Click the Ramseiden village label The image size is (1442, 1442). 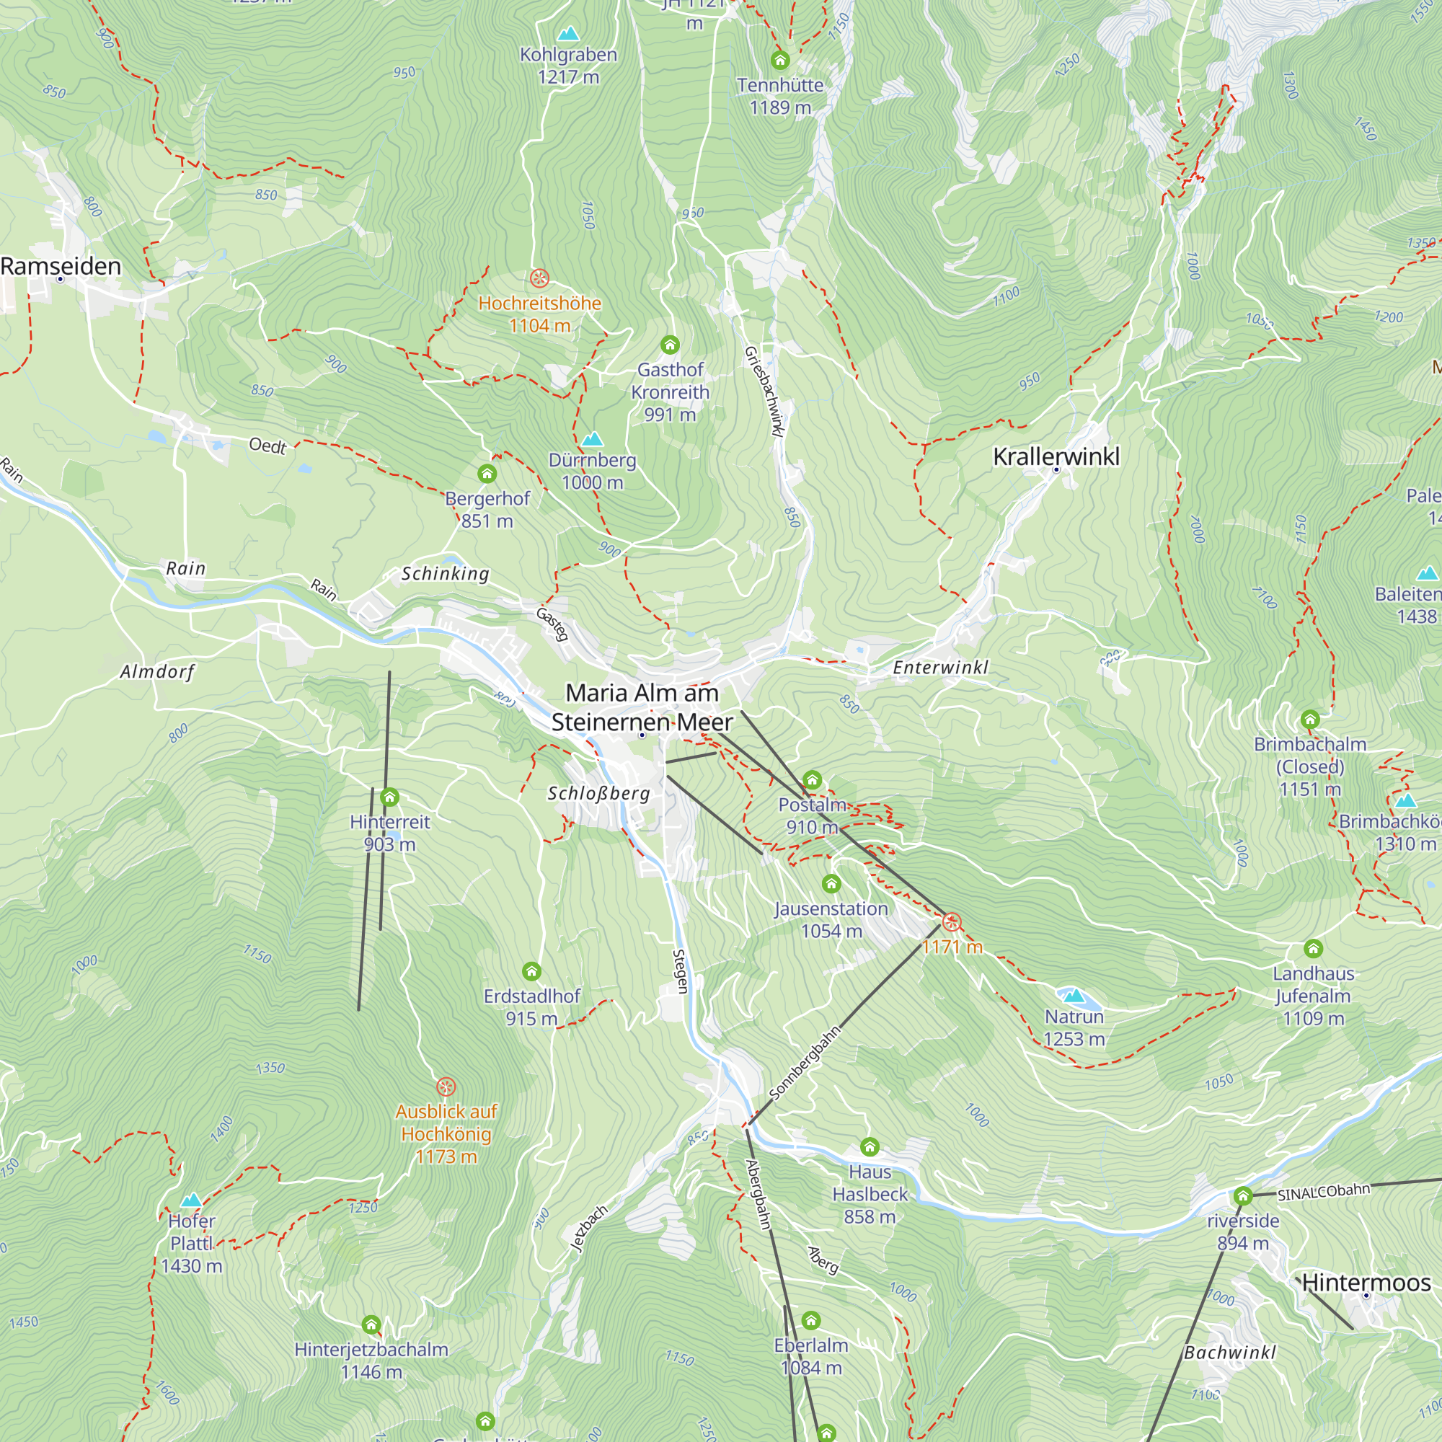[61, 267]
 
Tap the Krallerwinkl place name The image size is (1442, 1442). [1056, 456]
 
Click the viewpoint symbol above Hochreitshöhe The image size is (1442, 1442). [539, 278]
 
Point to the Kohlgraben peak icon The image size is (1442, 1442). [568, 34]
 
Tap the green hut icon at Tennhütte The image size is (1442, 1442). [780, 60]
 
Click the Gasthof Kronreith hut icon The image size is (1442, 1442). [670, 344]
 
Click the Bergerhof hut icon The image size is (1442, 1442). [487, 473]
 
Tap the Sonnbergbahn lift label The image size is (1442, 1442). [805, 1063]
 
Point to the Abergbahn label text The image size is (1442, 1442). [758, 1194]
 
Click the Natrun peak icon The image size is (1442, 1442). [1074, 995]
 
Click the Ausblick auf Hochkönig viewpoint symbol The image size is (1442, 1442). [446, 1086]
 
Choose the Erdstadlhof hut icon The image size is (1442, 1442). [531, 971]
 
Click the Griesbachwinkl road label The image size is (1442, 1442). [766, 391]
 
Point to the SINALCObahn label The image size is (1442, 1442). [1323, 1192]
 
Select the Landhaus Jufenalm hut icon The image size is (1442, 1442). [1313, 949]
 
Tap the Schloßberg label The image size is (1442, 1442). [598, 792]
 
